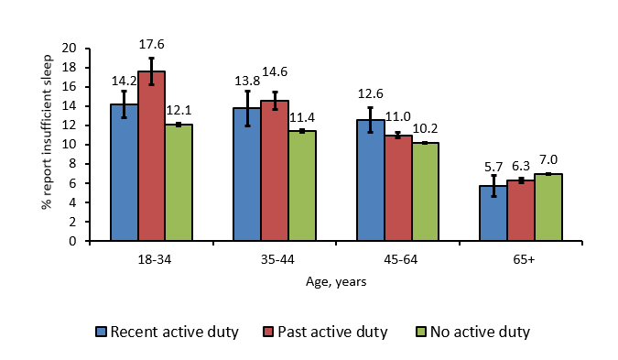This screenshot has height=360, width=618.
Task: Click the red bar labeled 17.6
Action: (x=152, y=157)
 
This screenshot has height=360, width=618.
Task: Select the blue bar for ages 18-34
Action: (x=125, y=173)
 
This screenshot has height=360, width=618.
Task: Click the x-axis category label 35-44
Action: (x=275, y=259)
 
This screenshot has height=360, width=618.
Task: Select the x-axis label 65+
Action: (x=520, y=259)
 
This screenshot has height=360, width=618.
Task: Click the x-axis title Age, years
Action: (x=336, y=282)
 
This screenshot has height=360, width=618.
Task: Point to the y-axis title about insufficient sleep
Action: (x=46, y=145)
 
